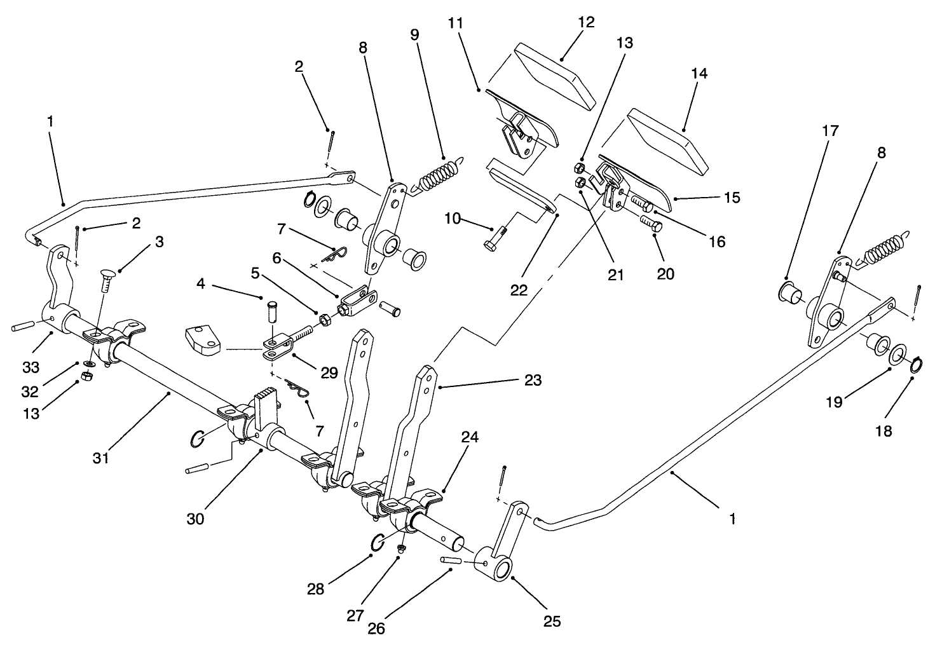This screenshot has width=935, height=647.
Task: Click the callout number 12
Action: (586, 22)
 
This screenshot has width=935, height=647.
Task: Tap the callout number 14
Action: (699, 74)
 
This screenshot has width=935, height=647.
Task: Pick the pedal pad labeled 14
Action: (667, 140)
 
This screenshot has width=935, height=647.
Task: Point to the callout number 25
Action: (552, 621)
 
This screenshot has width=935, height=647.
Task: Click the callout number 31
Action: (101, 457)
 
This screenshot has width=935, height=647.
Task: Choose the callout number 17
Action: (830, 132)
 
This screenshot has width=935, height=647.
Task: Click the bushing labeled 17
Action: (789, 293)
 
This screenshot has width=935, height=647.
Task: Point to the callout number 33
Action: (31, 367)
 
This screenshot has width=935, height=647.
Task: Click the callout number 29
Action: (329, 373)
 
